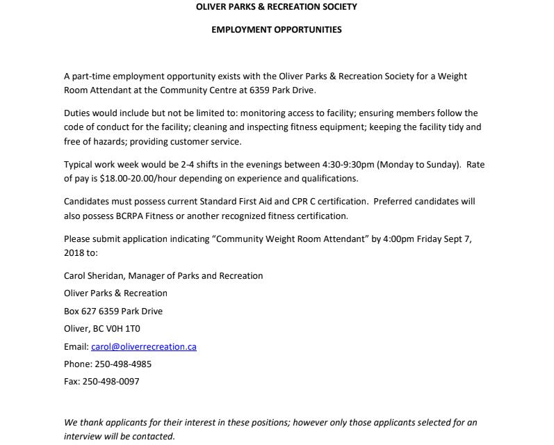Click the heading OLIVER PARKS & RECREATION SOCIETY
(x=277, y=7)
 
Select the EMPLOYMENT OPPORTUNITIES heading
(x=277, y=30)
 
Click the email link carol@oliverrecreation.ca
(x=144, y=346)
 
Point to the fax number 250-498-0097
(x=111, y=382)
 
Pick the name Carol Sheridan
(x=95, y=276)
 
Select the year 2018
(x=74, y=253)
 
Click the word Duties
(x=76, y=113)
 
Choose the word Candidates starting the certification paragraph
(x=88, y=202)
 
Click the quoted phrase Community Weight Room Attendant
(x=290, y=239)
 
